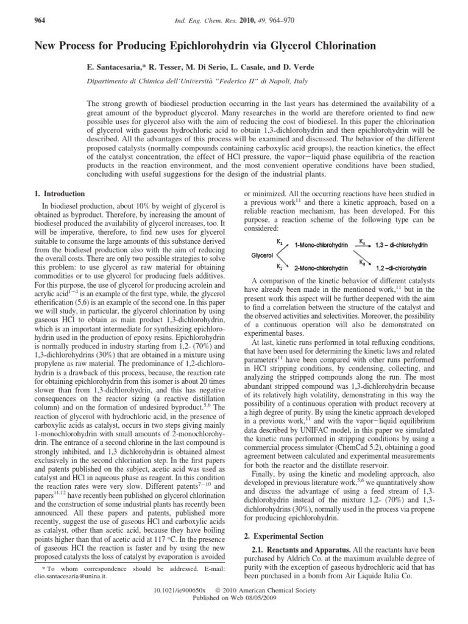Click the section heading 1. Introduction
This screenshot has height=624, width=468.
coord(55,194)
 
